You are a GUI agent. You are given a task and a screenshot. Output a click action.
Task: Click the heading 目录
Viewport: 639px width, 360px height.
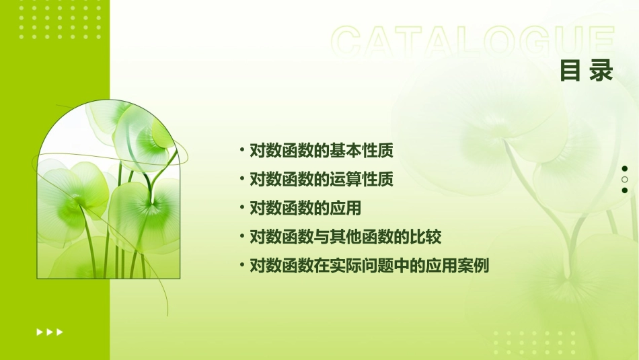tap(587, 71)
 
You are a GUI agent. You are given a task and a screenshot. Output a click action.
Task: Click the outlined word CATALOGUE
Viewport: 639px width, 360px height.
tap(473, 42)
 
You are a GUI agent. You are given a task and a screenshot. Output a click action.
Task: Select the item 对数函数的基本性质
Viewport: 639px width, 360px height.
tap(321, 150)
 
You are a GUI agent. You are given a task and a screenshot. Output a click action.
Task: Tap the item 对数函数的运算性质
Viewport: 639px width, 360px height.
tap(321, 179)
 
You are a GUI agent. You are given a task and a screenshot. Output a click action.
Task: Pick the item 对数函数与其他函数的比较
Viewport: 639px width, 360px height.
tap(345, 237)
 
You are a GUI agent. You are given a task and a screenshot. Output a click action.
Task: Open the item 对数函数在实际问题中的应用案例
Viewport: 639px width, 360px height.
tap(369, 266)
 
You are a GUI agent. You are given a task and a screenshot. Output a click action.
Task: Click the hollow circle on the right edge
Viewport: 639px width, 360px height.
tap(625, 180)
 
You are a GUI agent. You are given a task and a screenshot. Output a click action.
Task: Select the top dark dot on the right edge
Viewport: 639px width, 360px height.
tap(625, 169)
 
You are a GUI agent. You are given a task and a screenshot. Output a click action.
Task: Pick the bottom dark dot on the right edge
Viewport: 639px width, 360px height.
tap(625, 190)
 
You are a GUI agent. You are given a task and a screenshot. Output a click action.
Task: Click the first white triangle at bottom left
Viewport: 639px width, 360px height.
tap(39, 332)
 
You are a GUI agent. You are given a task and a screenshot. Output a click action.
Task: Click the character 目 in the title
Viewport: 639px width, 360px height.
tap(570, 71)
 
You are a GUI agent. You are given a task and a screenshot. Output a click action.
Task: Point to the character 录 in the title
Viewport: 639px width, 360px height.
tap(602, 71)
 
